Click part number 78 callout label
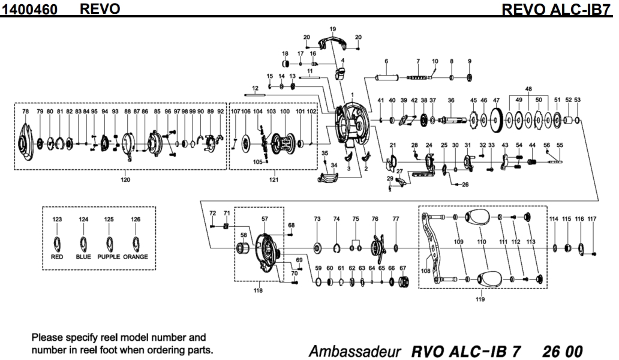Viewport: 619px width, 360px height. coord(25,112)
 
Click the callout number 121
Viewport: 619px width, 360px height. coord(274,179)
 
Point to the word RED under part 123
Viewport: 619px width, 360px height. coord(57,257)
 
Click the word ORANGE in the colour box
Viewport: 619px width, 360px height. coord(136,257)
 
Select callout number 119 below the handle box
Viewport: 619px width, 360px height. coord(480,298)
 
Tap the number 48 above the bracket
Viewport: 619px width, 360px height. coord(528,88)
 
